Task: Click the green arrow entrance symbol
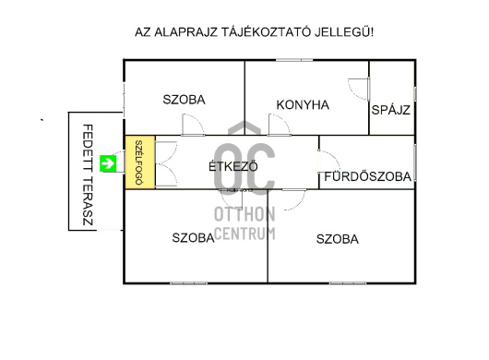click(109, 164)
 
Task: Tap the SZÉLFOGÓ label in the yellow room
click(139, 163)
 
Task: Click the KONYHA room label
click(303, 104)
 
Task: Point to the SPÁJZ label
click(390, 110)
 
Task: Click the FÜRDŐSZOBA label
click(368, 176)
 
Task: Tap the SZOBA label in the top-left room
click(184, 100)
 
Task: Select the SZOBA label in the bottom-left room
click(194, 237)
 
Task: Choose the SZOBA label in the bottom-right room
click(338, 238)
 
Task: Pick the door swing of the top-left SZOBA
click(191, 126)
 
